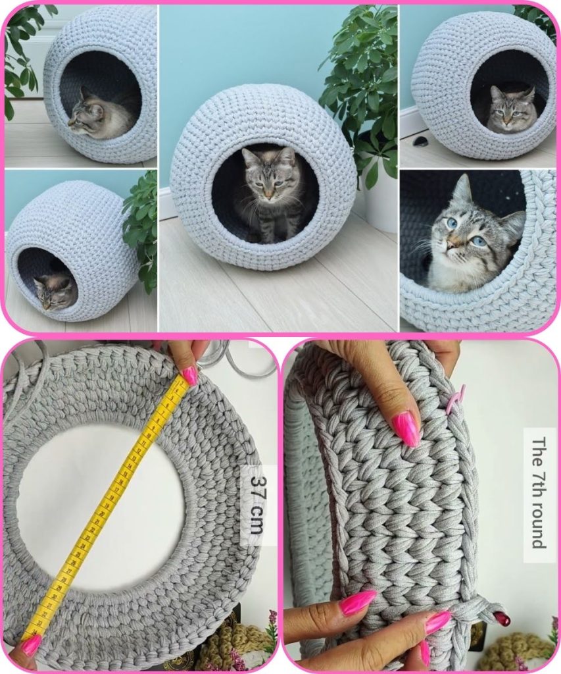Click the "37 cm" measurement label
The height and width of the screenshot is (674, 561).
[256, 505]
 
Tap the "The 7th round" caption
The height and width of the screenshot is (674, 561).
[539, 493]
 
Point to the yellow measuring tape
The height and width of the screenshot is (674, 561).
[105, 509]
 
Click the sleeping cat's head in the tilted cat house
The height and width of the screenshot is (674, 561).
[55, 291]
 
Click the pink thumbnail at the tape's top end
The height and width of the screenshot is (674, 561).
[189, 376]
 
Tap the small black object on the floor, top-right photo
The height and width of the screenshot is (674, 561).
[418, 142]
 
